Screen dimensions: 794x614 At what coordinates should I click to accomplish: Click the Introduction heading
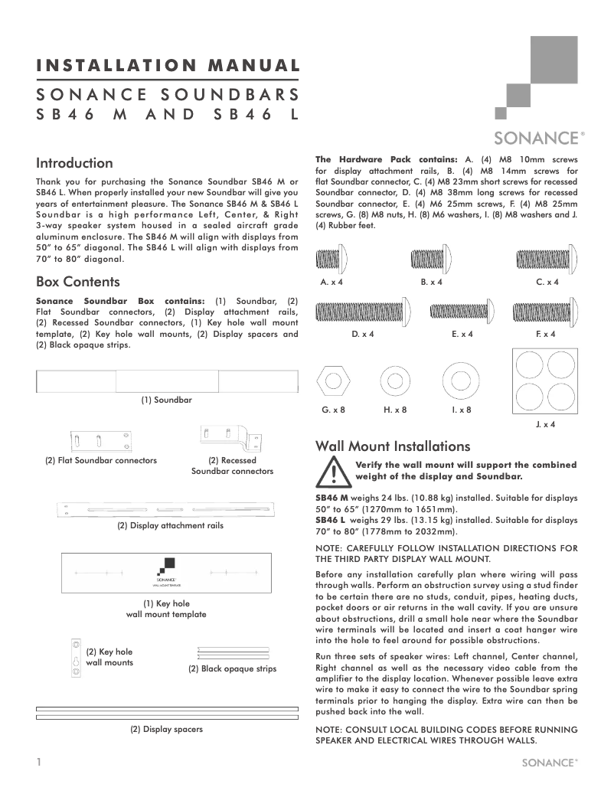coord(74,163)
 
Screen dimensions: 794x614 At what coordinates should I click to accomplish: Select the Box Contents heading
coord(78,282)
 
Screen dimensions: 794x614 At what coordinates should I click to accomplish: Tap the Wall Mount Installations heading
coord(393,446)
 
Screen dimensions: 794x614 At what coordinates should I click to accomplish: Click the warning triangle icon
coord(334,472)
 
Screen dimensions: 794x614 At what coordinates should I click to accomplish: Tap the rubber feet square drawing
coord(544,382)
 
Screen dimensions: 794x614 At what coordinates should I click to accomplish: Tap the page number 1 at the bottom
coord(38,763)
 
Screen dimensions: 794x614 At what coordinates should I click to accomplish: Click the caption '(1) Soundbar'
coord(166,400)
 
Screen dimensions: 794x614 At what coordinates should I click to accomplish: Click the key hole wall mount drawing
coord(76,658)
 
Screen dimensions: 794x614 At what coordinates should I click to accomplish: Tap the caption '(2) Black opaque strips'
coord(232,669)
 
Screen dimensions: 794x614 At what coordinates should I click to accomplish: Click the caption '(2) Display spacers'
coord(166,729)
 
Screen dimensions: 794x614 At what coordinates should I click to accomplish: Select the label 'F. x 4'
coord(546,334)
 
